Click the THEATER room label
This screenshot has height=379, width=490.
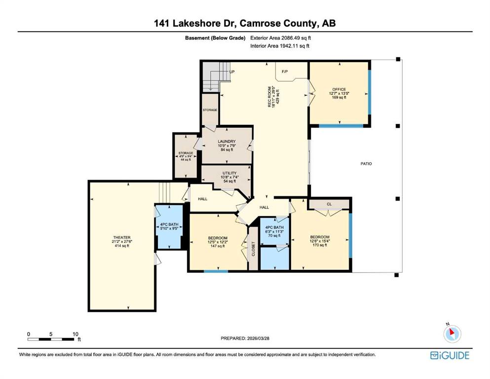122,237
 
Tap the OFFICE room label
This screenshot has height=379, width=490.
339,89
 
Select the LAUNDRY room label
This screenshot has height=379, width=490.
226,142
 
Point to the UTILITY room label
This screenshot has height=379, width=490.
229,173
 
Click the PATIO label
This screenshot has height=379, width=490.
366,164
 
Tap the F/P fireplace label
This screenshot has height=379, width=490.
285,72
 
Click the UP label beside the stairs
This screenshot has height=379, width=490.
232,72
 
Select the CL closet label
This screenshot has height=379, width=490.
329,204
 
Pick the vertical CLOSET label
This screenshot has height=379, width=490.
254,249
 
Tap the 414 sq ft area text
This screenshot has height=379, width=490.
122,246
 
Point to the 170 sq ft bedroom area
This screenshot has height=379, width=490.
320,245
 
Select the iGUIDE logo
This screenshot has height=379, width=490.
450,356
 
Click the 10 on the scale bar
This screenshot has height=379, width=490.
75,334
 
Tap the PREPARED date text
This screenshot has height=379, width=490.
245,338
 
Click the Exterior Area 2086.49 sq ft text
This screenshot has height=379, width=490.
281,38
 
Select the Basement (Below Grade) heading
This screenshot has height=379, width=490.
215,38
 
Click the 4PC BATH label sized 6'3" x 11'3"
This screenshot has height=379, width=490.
274,227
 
